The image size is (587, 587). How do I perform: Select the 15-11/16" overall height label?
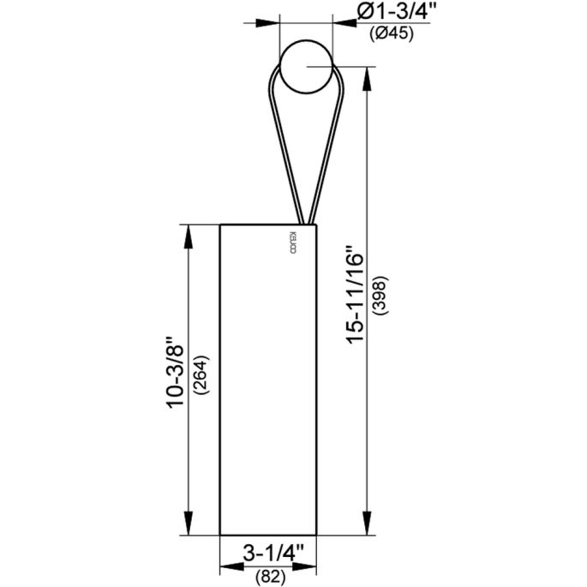coord(354,296)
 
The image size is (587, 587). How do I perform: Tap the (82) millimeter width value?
coord(270,576)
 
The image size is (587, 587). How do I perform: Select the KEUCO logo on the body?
coord(291,243)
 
